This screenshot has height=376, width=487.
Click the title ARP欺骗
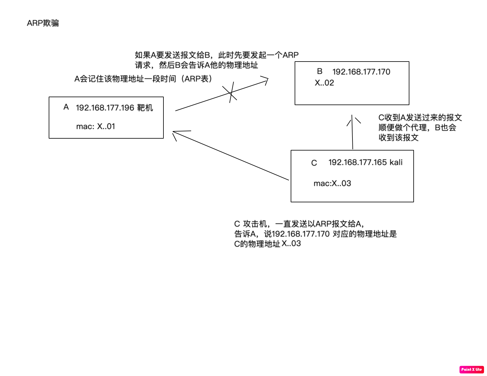click(x=43, y=23)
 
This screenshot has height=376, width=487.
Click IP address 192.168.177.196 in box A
click(x=105, y=108)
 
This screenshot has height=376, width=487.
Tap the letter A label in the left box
click(x=66, y=107)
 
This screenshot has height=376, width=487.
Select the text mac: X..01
click(x=96, y=126)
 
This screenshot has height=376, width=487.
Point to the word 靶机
click(x=145, y=108)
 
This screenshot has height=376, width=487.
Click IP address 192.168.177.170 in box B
click(x=361, y=72)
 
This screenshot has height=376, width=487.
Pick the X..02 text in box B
click(x=324, y=83)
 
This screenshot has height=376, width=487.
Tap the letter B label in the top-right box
click(x=320, y=71)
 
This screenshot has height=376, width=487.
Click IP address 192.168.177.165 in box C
click(x=357, y=162)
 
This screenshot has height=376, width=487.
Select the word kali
click(x=396, y=162)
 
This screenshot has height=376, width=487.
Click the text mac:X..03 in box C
click(x=332, y=183)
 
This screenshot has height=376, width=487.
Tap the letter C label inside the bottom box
click(x=314, y=163)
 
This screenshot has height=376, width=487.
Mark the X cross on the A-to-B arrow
click(x=230, y=93)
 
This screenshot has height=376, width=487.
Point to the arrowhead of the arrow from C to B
click(x=352, y=117)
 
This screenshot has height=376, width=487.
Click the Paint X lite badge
click(x=471, y=369)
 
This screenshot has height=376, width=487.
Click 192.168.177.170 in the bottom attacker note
click(x=301, y=234)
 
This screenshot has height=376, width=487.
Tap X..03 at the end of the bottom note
click(x=291, y=244)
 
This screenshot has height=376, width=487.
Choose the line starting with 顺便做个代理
click(x=417, y=128)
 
